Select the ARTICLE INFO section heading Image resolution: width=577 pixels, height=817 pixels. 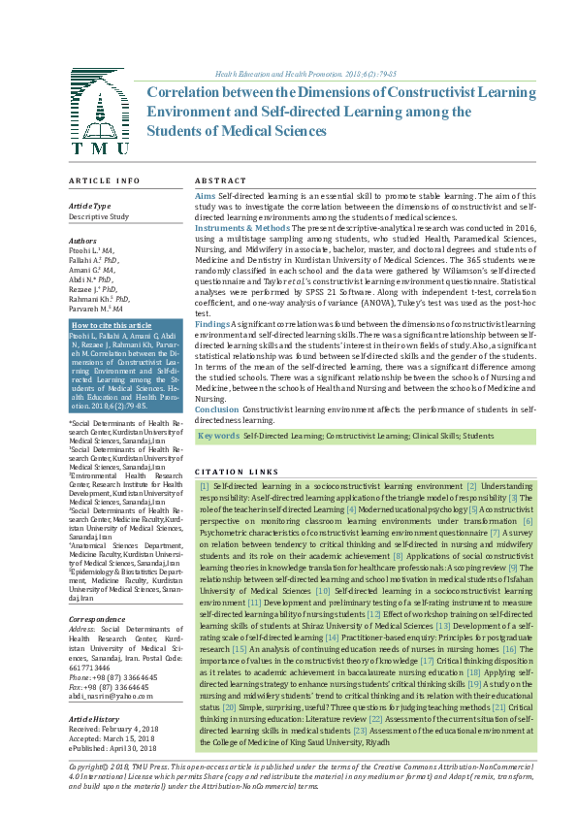[104, 181]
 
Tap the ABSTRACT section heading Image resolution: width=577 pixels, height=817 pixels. [220, 181]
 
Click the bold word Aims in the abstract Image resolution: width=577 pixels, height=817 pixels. [205, 196]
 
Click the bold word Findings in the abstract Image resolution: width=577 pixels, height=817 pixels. [211, 324]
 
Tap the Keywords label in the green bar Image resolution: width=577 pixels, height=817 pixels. [218, 437]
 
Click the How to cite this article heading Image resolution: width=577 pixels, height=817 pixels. [112, 325]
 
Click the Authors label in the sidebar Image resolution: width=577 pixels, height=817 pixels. [82, 240]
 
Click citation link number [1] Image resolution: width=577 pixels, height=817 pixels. [204, 484]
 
